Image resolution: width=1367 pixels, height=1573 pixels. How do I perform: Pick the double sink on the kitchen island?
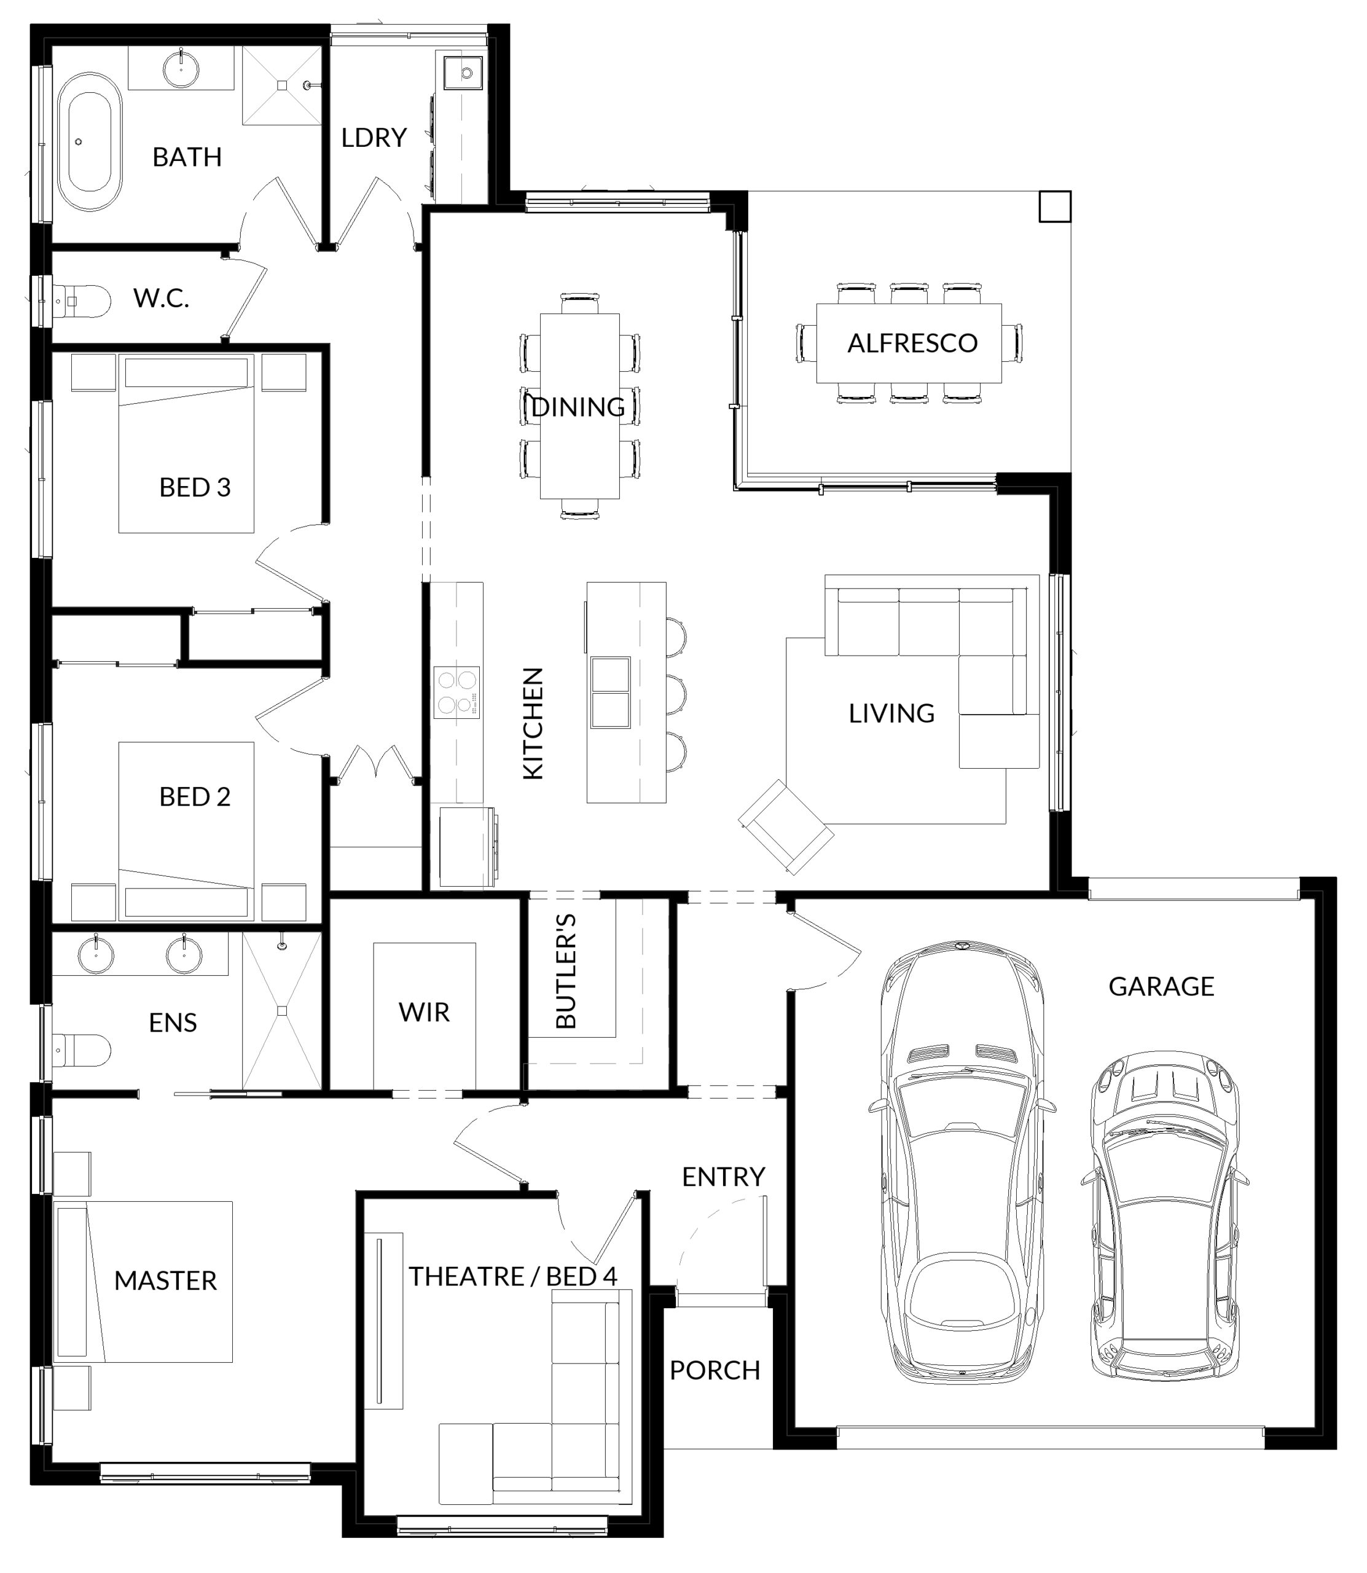tap(610, 692)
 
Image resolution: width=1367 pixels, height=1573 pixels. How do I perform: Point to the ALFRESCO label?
tap(912, 343)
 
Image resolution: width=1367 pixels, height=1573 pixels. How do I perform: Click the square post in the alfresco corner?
tap(1055, 206)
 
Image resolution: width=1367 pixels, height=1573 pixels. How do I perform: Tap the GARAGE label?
tap(1161, 986)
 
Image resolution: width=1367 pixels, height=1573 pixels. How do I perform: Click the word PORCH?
tap(715, 1371)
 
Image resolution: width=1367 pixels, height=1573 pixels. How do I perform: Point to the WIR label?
tap(424, 1012)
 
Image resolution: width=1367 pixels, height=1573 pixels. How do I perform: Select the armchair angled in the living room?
tap(786, 827)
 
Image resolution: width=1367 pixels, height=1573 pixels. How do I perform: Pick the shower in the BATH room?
tap(281, 85)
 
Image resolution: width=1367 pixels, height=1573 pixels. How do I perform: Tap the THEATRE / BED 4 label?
tap(512, 1276)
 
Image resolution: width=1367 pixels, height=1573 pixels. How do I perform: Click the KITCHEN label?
tap(533, 723)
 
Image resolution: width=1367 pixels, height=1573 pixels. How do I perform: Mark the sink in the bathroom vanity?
tap(182, 66)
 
